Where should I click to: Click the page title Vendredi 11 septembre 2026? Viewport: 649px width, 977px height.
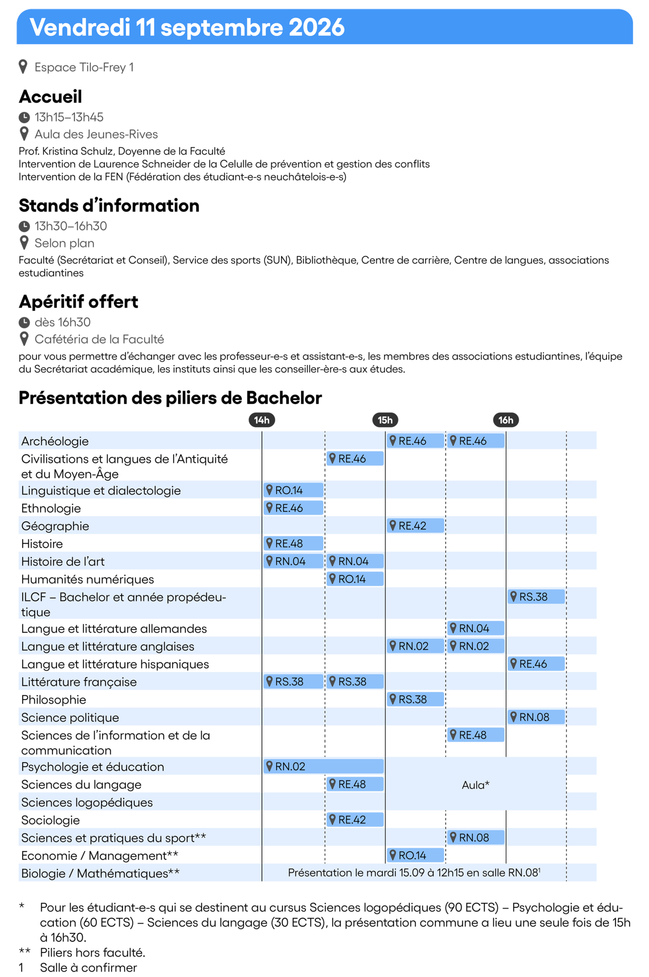pyautogui.click(x=187, y=27)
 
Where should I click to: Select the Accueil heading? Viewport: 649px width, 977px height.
pyautogui.click(x=50, y=96)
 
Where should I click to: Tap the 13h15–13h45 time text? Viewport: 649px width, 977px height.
pyautogui.click(x=69, y=117)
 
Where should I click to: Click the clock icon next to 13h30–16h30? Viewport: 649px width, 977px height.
pyautogui.click(x=24, y=226)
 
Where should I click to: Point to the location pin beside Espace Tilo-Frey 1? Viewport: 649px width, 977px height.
pyautogui.click(x=24, y=67)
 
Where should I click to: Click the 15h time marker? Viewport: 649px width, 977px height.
pyautogui.click(x=385, y=420)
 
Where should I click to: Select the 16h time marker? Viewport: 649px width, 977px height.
pyautogui.click(x=506, y=420)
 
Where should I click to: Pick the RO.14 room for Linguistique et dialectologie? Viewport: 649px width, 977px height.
pyautogui.click(x=293, y=490)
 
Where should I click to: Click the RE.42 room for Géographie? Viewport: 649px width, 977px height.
pyautogui.click(x=415, y=526)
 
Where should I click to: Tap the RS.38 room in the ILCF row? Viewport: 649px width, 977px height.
pyautogui.click(x=536, y=597)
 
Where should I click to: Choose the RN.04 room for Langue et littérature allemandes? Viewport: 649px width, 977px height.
pyautogui.click(x=475, y=628)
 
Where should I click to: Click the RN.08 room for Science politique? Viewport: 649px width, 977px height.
pyautogui.click(x=536, y=717)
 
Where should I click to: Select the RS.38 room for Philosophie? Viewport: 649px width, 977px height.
pyautogui.click(x=415, y=699)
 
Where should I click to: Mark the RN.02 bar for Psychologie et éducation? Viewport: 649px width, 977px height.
pyautogui.click(x=324, y=766)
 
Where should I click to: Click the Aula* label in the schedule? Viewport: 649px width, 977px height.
pyautogui.click(x=475, y=785)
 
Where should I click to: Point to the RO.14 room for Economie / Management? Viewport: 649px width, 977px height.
pyautogui.click(x=415, y=855)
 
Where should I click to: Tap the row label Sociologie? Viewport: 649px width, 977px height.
pyautogui.click(x=51, y=820)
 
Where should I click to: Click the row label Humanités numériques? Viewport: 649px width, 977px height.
pyautogui.click(x=88, y=579)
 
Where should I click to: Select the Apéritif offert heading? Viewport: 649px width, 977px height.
pyautogui.click(x=79, y=302)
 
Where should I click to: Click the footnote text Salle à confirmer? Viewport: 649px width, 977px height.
pyautogui.click(x=89, y=968)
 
